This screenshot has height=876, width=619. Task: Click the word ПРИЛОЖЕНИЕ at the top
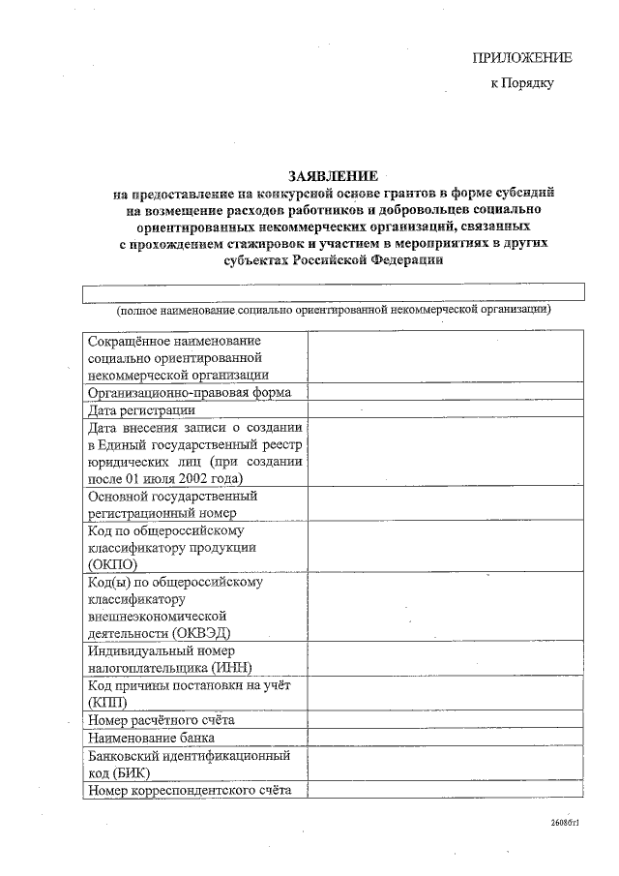[x=522, y=57]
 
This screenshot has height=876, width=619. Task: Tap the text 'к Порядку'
[x=522, y=84]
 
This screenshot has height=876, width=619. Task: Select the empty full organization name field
[x=333, y=292]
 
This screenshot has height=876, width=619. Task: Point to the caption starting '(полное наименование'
[x=333, y=311]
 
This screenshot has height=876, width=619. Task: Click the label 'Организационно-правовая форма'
[x=190, y=392]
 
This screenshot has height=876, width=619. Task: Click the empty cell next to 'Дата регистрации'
[x=446, y=409]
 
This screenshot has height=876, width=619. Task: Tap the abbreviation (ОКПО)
[x=112, y=564]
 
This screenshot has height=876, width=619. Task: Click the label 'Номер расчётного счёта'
[x=161, y=720]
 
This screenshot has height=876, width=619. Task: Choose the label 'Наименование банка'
[x=151, y=738]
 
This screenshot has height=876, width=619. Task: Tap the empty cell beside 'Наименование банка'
[x=446, y=738]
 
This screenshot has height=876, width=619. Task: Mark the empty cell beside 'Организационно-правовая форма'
[x=446, y=392]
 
